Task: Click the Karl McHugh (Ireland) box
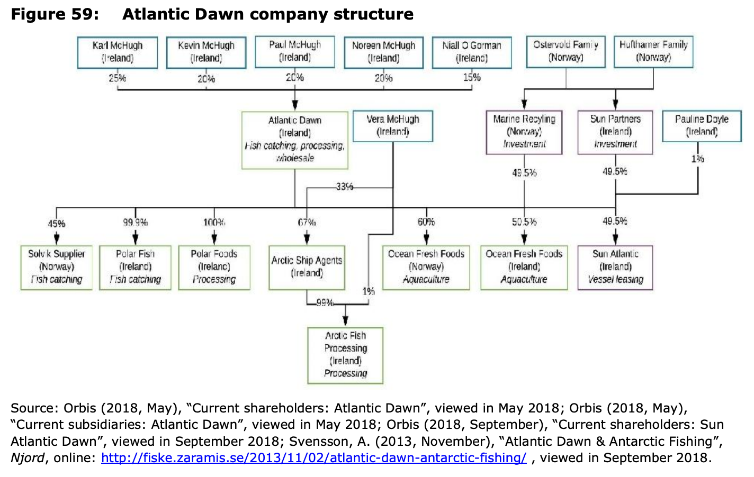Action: [x=117, y=52]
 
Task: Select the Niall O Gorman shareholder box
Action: [x=471, y=52]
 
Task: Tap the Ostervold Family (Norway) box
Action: [x=565, y=51]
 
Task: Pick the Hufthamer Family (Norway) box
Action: [x=653, y=51]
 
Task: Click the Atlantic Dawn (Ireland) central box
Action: [x=295, y=140]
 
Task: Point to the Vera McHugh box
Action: [x=392, y=126]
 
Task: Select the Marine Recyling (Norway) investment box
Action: [x=524, y=132]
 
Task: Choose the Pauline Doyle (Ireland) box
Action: [x=702, y=126]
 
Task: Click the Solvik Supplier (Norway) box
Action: [x=57, y=267]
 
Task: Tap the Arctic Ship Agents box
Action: [x=307, y=267]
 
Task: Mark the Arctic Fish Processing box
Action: [x=345, y=355]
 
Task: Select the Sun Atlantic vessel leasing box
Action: [x=615, y=267]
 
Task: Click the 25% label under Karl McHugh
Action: [x=118, y=78]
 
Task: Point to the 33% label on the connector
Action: [x=344, y=187]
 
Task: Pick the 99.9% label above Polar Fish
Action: [x=135, y=223]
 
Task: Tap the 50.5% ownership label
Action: [x=524, y=222]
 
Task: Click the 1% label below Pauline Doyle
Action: [x=698, y=159]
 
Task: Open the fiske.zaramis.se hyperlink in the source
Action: [x=313, y=458]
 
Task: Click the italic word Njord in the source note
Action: [x=27, y=458]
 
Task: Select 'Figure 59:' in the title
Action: [x=55, y=14]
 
